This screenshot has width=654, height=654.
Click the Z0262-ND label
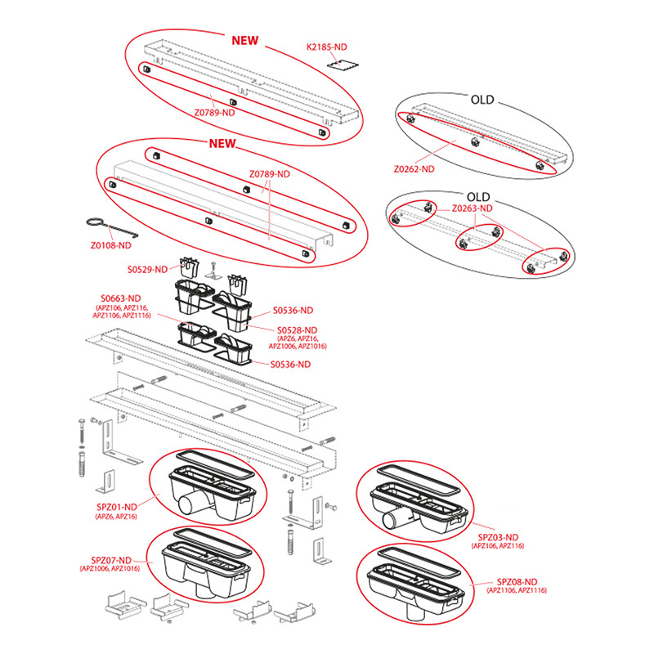(414, 169)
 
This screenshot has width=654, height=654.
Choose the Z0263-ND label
(472, 208)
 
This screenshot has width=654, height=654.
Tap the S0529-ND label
(147, 268)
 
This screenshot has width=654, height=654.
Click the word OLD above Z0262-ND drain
(482, 100)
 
